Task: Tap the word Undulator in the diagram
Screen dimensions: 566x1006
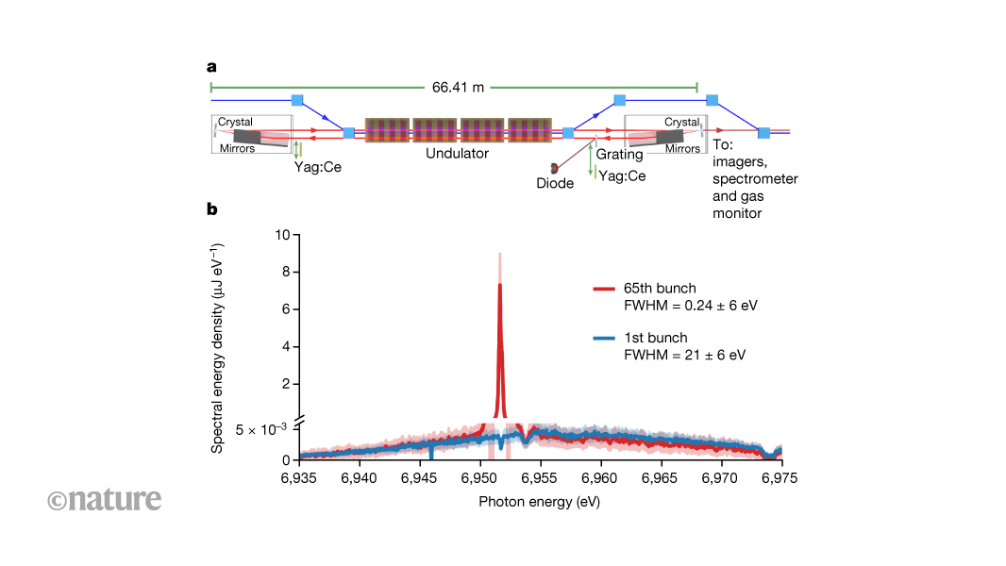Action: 458,154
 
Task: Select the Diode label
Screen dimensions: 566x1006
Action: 555,183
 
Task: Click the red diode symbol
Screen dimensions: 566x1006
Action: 554,166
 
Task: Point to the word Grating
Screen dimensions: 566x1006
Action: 619,154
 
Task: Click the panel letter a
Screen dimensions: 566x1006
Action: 212,66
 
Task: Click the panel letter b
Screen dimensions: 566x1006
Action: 212,208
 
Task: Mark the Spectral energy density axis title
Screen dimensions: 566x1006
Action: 217,347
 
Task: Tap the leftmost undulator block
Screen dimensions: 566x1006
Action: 387,130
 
